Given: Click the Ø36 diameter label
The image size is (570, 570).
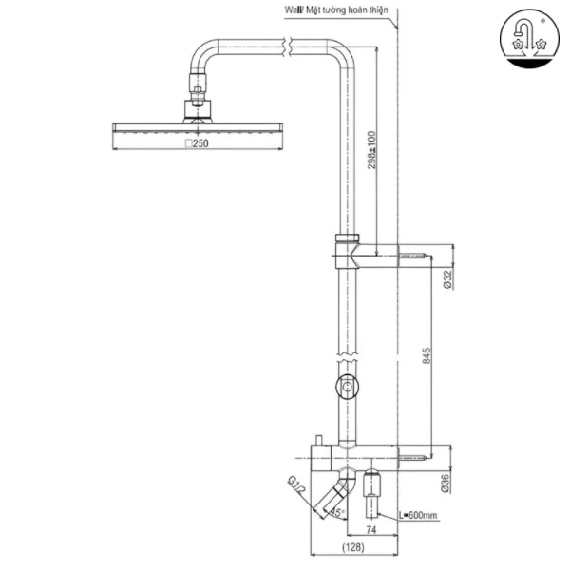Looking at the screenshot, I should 446,485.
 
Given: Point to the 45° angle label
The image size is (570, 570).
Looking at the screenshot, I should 335,513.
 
